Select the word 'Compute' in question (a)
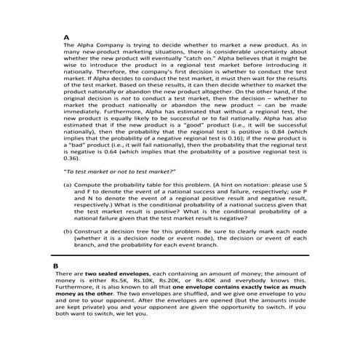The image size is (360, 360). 89,186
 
